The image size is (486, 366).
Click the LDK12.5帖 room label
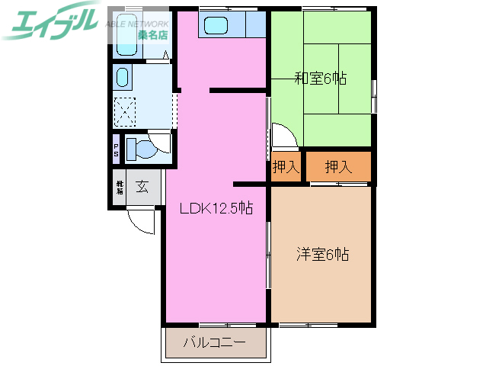pyautogui.click(x=216, y=207)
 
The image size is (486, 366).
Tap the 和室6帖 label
pyautogui.click(x=321, y=77)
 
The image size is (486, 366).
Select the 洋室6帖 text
pyautogui.click(x=322, y=255)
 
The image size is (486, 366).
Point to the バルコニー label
pyautogui.click(x=214, y=343)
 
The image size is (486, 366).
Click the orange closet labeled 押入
pyautogui.click(x=338, y=167)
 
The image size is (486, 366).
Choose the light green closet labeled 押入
pyautogui.click(x=286, y=167)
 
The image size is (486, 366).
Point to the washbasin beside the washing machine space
pyautogui.click(x=122, y=77)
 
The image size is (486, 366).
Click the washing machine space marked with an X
pyautogui.click(x=125, y=111)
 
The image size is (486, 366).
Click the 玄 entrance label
pyautogui.click(x=142, y=185)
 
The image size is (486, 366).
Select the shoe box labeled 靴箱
pyautogui.click(x=120, y=186)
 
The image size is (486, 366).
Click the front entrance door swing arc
pyautogui.click(x=140, y=220)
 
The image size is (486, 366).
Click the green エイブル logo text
pyautogui.click(x=50, y=21)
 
